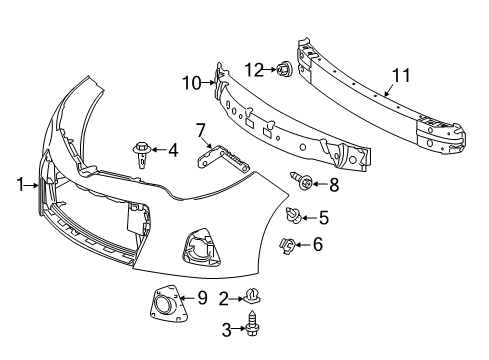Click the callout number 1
(20, 184)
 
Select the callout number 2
(224, 296)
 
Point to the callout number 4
(173, 151)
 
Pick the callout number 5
(323, 216)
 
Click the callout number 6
(318, 243)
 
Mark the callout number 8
(334, 184)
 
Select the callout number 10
(192, 83)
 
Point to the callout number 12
(256, 69)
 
